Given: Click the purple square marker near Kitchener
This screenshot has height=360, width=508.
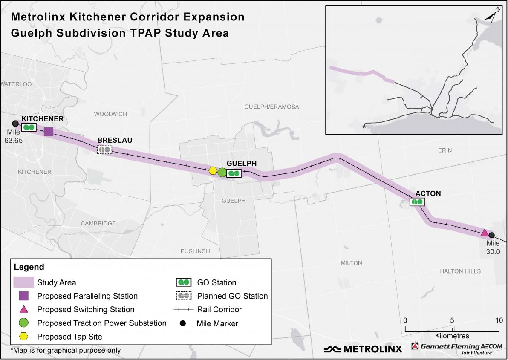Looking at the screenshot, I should [x=49, y=132].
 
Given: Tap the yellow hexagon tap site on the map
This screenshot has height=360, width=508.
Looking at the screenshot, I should [x=213, y=171].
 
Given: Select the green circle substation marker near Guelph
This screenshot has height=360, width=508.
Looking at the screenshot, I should [x=222, y=173].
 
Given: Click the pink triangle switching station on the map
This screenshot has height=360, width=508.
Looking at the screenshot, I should [x=484, y=233].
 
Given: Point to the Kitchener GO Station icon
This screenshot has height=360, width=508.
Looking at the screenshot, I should [x=29, y=127].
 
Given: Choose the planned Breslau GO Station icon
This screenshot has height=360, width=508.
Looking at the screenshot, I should [x=104, y=150].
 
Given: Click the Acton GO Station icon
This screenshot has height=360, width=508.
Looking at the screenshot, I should [x=417, y=202].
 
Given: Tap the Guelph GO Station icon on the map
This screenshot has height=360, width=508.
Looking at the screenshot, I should [x=234, y=173].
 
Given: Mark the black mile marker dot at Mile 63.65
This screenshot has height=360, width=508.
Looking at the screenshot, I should [x=15, y=124].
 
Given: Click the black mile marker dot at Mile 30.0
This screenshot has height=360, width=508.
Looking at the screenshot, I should [x=492, y=235].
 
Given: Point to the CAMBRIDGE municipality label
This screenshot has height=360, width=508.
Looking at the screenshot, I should [x=98, y=223].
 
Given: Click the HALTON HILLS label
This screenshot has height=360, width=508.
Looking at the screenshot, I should [x=460, y=271].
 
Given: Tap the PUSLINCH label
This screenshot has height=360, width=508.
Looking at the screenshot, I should [x=195, y=251].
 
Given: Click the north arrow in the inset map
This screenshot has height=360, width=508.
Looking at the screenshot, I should [x=492, y=17].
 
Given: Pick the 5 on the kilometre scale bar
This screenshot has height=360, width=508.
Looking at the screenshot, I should [x=452, y=320].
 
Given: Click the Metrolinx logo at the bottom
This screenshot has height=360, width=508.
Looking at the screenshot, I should [x=363, y=349].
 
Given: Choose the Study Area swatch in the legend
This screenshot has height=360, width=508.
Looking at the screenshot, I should [x=23, y=282].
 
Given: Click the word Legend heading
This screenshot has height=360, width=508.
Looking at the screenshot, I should [x=29, y=268].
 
